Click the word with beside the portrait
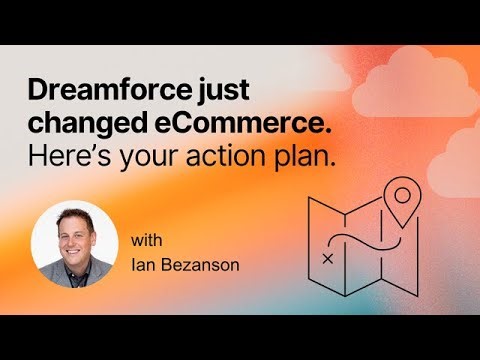point(145,240)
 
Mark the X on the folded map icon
point(328,258)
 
